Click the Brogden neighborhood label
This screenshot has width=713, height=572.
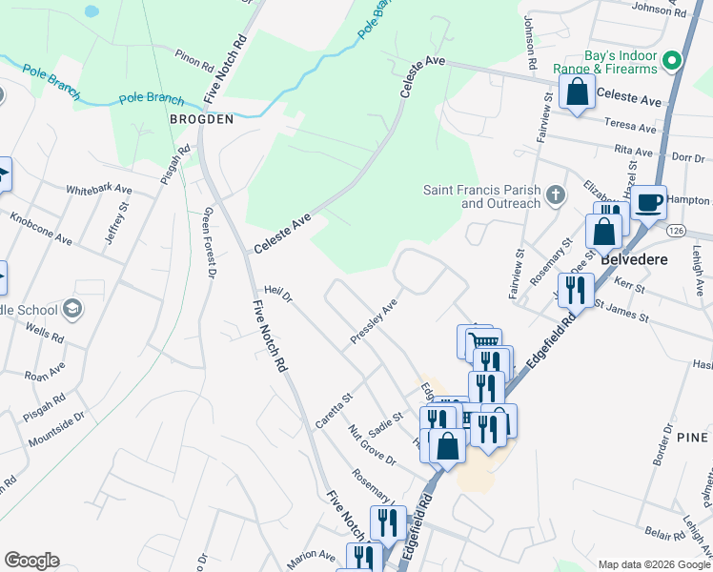[x=201, y=119]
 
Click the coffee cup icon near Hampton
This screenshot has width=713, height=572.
[x=649, y=202]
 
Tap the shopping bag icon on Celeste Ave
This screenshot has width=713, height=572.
[x=578, y=92]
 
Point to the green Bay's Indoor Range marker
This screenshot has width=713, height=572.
[x=672, y=60]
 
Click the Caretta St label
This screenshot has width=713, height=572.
[x=335, y=409]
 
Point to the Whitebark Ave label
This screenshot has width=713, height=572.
[x=98, y=190]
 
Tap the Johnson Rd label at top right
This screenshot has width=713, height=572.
[x=659, y=10]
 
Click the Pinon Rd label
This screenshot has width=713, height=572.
[x=194, y=61]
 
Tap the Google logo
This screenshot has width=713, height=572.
[x=31, y=561]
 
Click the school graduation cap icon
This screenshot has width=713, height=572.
[x=71, y=308]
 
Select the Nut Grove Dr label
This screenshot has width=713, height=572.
[x=372, y=444]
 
